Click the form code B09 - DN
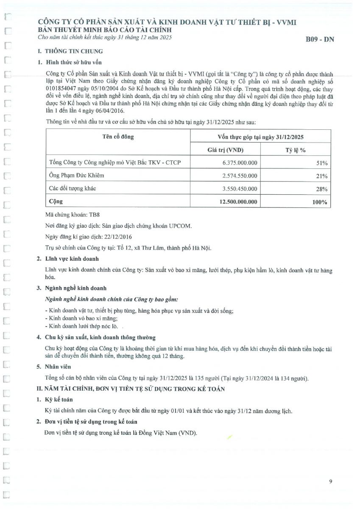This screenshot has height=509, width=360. (320, 40)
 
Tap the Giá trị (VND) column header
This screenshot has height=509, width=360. (226, 150)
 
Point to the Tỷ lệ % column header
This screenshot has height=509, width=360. (296, 150)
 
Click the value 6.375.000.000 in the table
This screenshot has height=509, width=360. (240, 163)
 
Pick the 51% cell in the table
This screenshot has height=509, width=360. (321, 163)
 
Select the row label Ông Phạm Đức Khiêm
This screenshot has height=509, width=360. (77, 175)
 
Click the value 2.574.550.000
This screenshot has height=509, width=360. (240, 176)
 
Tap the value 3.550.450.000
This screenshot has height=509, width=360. (240, 188)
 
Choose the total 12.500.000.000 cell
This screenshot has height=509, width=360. (238, 202)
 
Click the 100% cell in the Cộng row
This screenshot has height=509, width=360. (320, 202)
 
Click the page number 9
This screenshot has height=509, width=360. (330, 481)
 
